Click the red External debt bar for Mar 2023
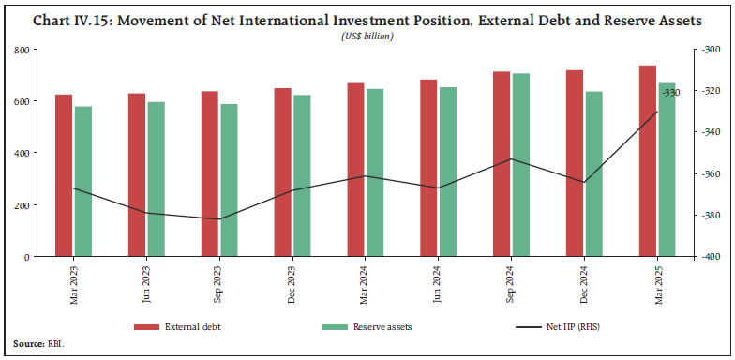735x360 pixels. click(x=63, y=175)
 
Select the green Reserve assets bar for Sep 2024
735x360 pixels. click(x=521, y=164)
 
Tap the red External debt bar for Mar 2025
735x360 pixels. click(x=647, y=160)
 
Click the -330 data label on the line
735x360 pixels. click(x=671, y=93)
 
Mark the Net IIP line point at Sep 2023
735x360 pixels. click(x=219, y=219)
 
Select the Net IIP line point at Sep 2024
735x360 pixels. click(x=511, y=158)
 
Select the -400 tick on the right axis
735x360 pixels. click(x=705, y=257)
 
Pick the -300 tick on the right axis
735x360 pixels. click(x=705, y=50)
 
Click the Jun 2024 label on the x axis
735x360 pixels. click(x=438, y=284)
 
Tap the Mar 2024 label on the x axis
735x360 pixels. click(x=365, y=284)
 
